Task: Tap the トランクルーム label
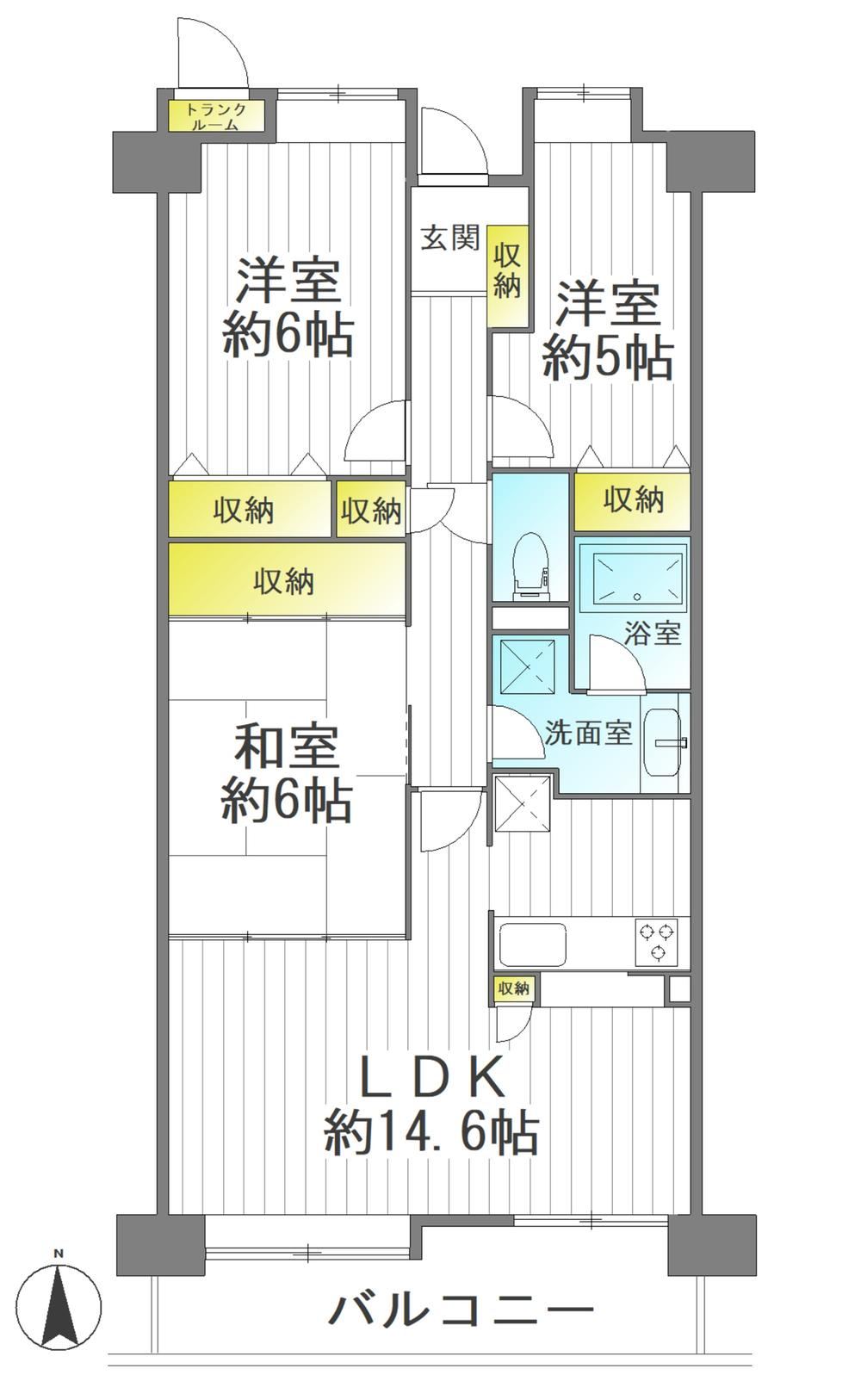[x=216, y=117]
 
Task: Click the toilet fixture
[x=530, y=566]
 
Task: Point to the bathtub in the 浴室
[x=638, y=579]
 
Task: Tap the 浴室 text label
[x=652, y=633]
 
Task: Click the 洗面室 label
[x=589, y=733]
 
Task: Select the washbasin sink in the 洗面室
[x=665, y=742]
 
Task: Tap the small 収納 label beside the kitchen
[x=513, y=989]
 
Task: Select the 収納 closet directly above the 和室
[x=288, y=579]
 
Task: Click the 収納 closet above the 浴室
[x=632, y=501]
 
